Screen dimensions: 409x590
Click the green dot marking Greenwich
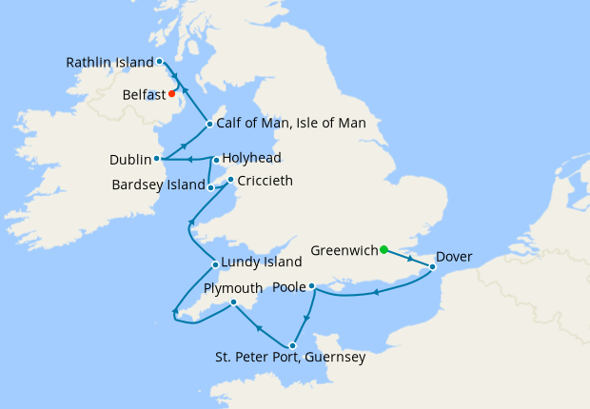coord(383,250)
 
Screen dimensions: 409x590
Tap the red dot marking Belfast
coord(171,94)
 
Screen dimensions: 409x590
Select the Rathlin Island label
coord(109,63)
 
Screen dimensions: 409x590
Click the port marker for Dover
coord(432,267)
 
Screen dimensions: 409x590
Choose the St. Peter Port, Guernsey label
coord(290,360)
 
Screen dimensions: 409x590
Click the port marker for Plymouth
coord(233,303)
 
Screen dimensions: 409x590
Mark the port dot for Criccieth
coord(230,179)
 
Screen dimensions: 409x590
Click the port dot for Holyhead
coord(216,160)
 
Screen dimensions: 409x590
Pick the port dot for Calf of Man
coord(208,124)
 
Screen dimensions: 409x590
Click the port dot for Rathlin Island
coord(159,62)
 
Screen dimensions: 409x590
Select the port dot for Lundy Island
coord(215,265)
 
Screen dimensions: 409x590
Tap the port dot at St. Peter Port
coord(292,345)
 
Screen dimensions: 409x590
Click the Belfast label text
coord(144,95)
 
